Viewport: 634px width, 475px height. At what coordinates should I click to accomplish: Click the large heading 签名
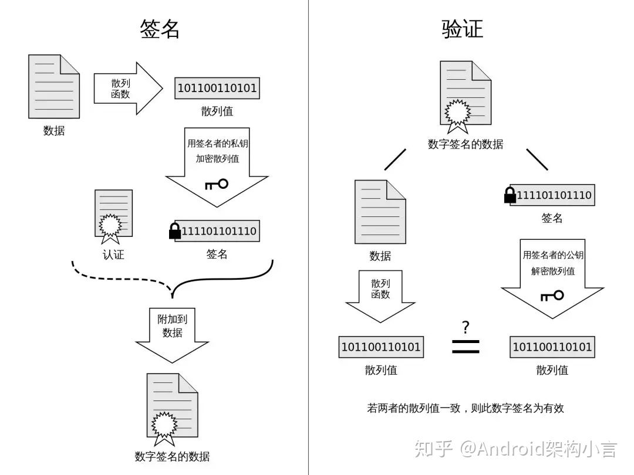click(x=160, y=29)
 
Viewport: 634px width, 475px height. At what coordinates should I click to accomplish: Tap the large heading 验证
click(x=463, y=29)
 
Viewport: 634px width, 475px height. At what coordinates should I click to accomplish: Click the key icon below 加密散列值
click(x=216, y=185)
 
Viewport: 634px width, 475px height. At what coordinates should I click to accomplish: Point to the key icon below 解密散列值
click(x=552, y=296)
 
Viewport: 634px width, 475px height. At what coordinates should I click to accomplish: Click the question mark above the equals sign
click(x=466, y=327)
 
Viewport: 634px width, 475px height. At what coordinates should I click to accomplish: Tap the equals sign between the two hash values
click(x=466, y=347)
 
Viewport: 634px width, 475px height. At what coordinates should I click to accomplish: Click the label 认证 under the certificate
click(x=113, y=255)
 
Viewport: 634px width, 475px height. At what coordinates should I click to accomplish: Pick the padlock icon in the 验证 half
click(x=510, y=195)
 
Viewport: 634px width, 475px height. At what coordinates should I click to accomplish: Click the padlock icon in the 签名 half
click(x=175, y=231)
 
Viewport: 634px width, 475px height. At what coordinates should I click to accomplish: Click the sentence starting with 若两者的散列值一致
click(x=465, y=408)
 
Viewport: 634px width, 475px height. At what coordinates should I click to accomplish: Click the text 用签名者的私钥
click(x=217, y=143)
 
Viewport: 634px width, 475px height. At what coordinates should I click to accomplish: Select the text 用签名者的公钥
click(x=553, y=255)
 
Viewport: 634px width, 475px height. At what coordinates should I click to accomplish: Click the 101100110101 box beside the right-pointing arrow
click(x=217, y=89)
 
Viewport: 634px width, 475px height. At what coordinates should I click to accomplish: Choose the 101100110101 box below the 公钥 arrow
click(x=552, y=347)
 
